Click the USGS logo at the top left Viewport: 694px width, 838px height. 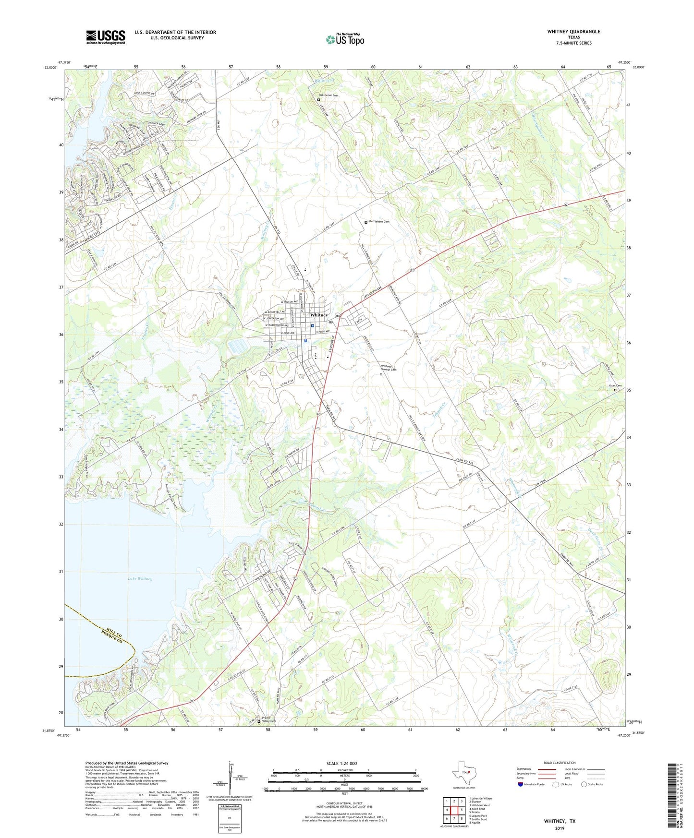click(x=106, y=37)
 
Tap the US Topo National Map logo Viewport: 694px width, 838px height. click(x=344, y=39)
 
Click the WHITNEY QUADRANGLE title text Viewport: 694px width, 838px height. click(x=573, y=32)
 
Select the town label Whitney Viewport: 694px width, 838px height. click(x=319, y=315)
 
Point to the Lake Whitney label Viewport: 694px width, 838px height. click(x=140, y=579)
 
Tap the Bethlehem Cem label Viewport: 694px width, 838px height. click(x=379, y=222)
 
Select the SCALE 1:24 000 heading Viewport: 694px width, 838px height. click(x=341, y=764)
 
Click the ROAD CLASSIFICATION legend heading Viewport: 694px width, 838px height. click(x=559, y=763)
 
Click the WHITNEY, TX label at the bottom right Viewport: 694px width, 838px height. click(x=560, y=821)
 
